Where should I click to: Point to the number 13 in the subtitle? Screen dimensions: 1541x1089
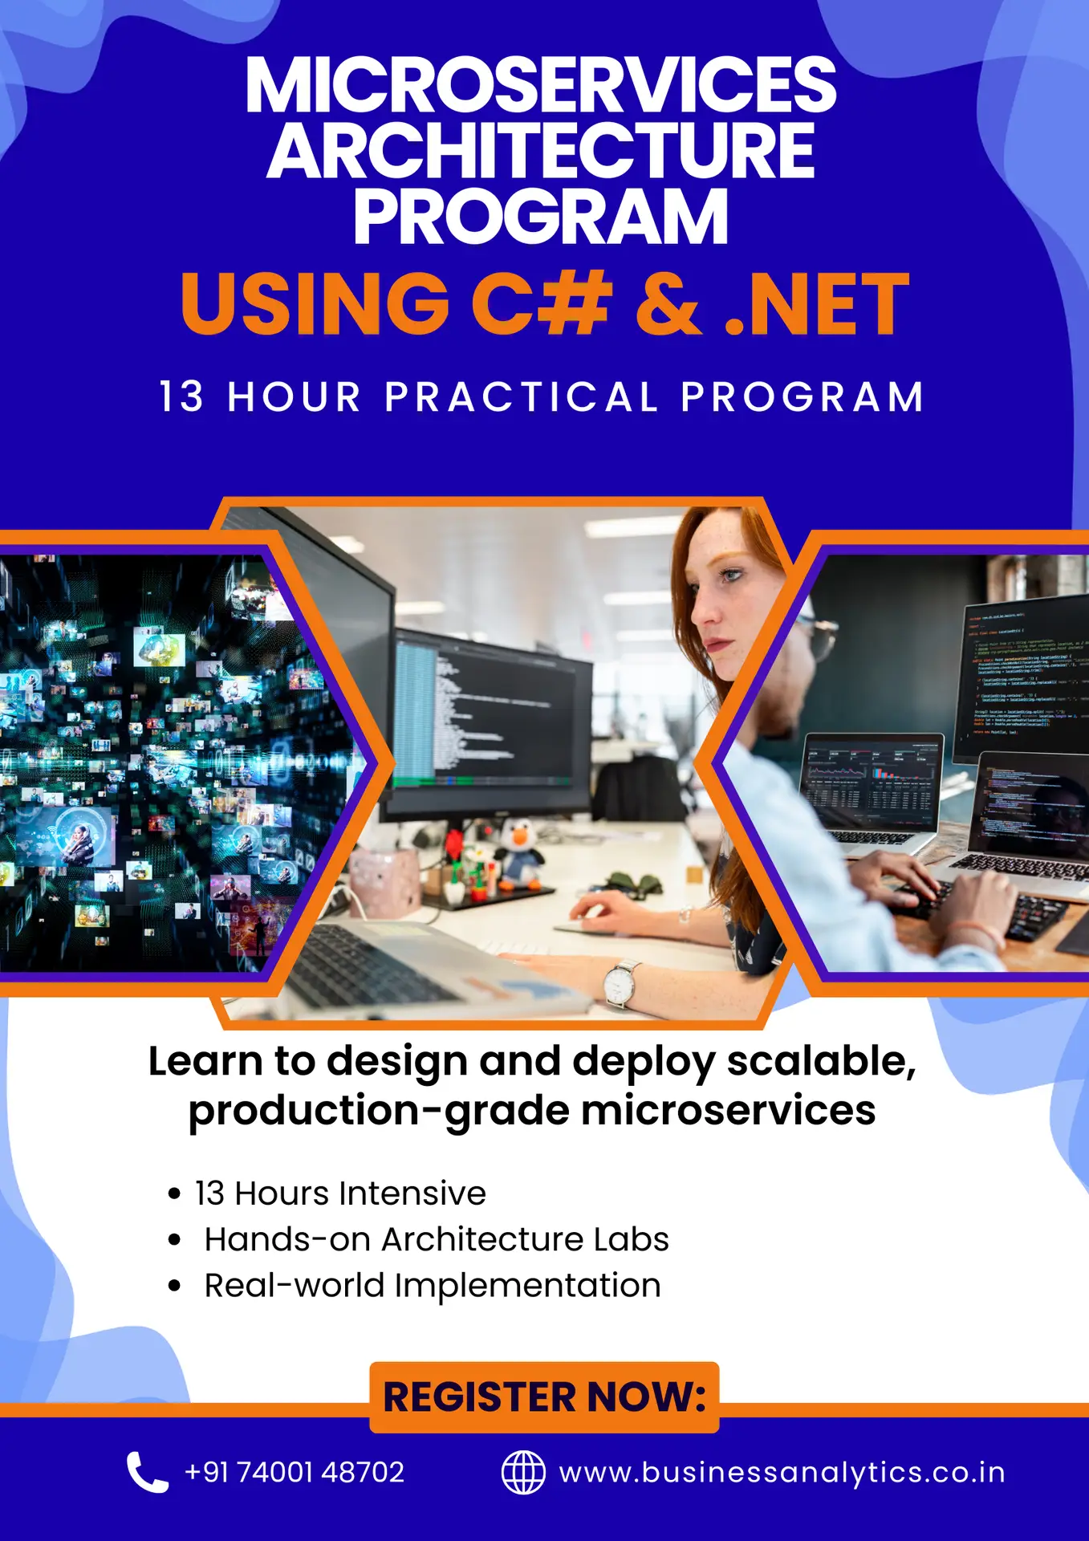tap(182, 397)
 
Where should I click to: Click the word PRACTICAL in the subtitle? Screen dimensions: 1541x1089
tap(521, 397)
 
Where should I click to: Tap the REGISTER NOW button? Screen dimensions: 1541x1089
tap(544, 1397)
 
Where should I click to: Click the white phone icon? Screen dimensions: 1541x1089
tap(147, 1472)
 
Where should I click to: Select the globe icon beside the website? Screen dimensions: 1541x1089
tap(523, 1472)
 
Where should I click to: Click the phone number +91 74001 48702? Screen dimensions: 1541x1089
tap(295, 1472)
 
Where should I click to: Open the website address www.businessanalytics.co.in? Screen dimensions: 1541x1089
tap(782, 1473)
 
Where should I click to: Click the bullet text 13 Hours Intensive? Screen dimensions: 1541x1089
tap(340, 1193)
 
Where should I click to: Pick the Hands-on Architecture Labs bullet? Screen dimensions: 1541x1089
tap(436, 1239)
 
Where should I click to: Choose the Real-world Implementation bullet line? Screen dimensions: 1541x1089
tap(433, 1286)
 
